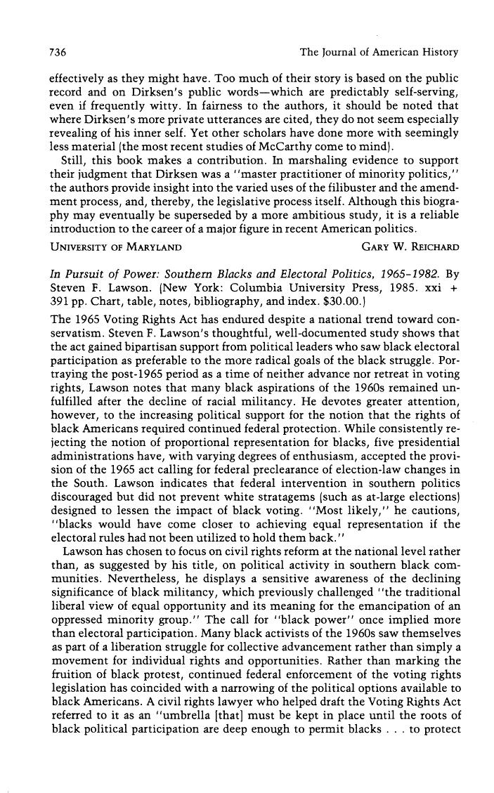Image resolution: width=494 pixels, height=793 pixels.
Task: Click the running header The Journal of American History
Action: [x=379, y=52]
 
